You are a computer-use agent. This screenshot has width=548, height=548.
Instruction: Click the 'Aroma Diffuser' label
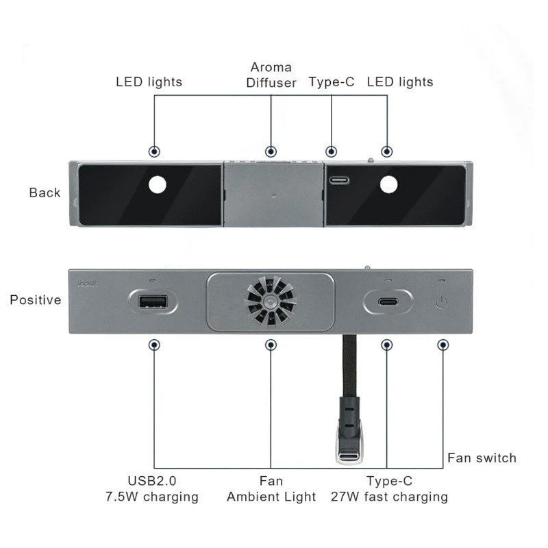pos(271,75)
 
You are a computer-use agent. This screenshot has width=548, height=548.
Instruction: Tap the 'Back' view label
pos(45,192)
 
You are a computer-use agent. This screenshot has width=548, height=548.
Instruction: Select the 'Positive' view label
pos(35,300)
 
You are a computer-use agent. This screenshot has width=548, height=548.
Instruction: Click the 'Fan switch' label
pos(482,458)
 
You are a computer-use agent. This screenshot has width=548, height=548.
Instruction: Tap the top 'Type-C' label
pos(332,82)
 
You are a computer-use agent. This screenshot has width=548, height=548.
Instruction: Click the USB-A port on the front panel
pos(153,301)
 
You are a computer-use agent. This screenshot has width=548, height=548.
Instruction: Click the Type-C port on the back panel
pos(338,182)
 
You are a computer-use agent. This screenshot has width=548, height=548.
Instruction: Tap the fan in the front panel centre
pos(271,301)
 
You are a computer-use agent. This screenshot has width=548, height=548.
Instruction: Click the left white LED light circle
pos(158,184)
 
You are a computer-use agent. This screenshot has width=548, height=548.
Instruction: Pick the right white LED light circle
pos(388,184)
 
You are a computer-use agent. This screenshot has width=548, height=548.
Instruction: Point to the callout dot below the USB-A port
pos(155,345)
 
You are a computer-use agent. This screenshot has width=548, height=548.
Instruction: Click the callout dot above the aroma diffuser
pos(271,151)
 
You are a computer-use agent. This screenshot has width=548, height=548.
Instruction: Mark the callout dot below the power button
pos(443,345)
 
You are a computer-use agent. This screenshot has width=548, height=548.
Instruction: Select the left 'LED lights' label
pos(149,82)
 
